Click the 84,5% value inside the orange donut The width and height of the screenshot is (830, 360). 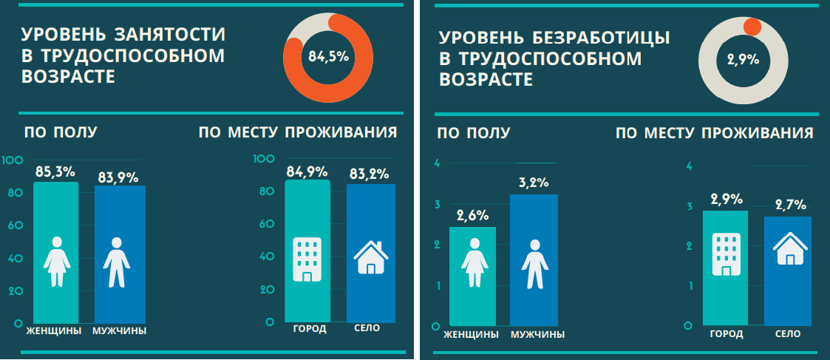click(328, 56)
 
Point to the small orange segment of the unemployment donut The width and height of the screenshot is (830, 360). click(752, 27)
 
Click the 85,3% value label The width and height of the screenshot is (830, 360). click(55, 171)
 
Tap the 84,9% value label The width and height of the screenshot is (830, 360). click(307, 171)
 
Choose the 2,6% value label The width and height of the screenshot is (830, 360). click(472, 216)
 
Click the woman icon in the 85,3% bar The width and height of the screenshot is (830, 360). click(56, 262)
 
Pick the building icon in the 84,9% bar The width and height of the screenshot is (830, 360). click(307, 259)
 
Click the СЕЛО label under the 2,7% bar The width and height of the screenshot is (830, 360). click(788, 334)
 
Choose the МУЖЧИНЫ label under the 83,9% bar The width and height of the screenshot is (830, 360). click(119, 330)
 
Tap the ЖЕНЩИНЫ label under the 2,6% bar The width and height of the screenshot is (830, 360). click(471, 334)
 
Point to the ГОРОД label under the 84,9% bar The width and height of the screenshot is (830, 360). click(309, 329)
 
